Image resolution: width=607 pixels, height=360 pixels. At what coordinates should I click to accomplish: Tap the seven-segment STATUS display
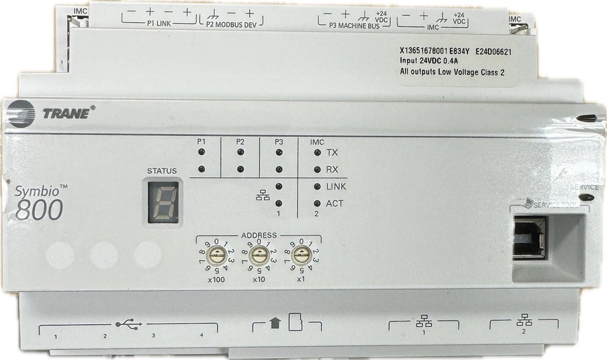(x=161, y=202)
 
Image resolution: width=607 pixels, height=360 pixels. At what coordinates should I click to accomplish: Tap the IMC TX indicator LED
(x=317, y=153)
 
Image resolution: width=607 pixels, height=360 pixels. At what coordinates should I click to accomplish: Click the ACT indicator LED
(x=317, y=204)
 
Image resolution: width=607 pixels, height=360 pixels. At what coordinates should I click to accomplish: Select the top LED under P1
(x=201, y=153)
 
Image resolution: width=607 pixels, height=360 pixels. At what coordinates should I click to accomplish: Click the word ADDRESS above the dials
(x=259, y=235)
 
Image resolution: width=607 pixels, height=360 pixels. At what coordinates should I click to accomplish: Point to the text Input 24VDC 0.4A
(x=429, y=62)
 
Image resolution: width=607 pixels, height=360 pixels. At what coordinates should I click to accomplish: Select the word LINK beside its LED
(x=336, y=187)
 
